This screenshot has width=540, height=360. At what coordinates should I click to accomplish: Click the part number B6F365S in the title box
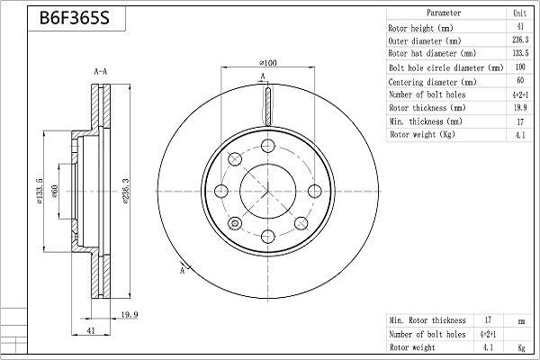(75, 18)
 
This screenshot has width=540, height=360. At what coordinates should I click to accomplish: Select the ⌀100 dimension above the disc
(268, 63)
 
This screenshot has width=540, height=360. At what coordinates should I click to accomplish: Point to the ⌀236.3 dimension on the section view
(125, 192)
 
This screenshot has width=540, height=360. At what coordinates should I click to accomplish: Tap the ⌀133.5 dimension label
(40, 191)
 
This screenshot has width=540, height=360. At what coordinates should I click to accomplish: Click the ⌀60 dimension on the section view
(55, 191)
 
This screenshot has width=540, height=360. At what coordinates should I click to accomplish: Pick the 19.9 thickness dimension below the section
(130, 314)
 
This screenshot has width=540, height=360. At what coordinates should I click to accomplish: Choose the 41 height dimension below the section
(91, 330)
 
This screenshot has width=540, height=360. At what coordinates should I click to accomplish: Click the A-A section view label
(101, 72)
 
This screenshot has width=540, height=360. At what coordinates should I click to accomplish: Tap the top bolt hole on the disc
(267, 146)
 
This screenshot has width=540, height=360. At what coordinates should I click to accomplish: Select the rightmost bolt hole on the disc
(314, 191)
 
